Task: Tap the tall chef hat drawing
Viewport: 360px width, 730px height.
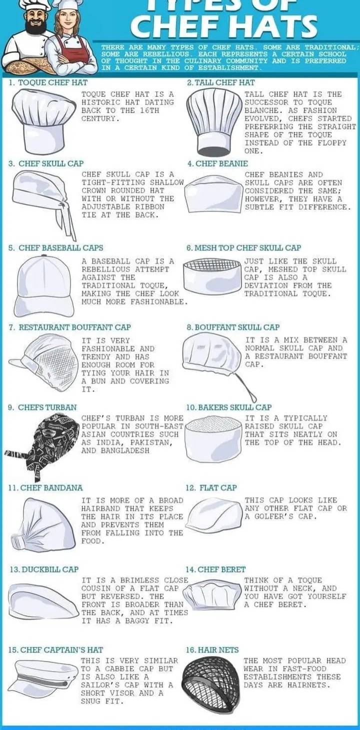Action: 213,123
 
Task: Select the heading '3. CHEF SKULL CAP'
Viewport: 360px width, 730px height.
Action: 46,164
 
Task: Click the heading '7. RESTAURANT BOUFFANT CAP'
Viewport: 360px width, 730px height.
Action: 69,327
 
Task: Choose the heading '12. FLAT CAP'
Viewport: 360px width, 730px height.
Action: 211,488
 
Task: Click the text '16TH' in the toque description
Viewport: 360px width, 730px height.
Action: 149,111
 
